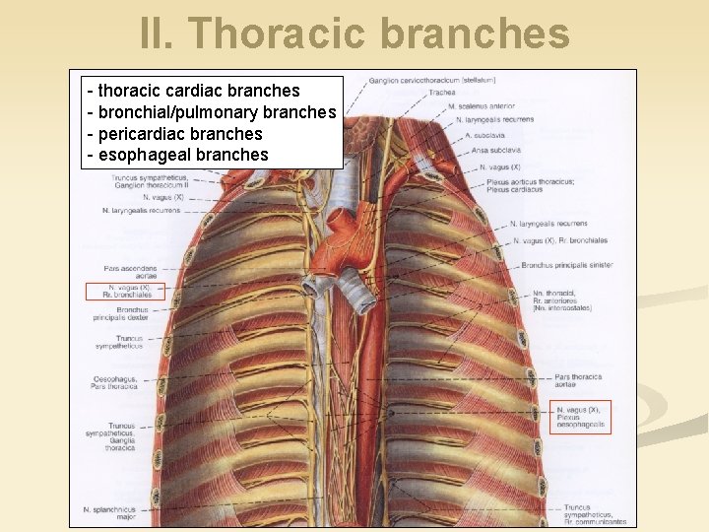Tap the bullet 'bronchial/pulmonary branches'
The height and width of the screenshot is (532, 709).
click(212, 112)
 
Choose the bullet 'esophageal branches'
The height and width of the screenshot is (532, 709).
click(178, 155)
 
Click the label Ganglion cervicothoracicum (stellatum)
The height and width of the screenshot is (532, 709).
click(432, 80)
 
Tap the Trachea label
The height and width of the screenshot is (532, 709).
click(441, 93)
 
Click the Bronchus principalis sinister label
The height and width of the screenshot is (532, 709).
click(567, 265)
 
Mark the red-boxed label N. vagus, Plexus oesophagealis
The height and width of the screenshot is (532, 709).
click(581, 418)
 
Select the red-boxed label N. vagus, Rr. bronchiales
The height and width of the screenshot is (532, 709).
click(125, 291)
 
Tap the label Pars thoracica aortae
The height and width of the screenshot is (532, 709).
click(578, 380)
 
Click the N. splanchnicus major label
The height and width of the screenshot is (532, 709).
click(110, 512)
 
